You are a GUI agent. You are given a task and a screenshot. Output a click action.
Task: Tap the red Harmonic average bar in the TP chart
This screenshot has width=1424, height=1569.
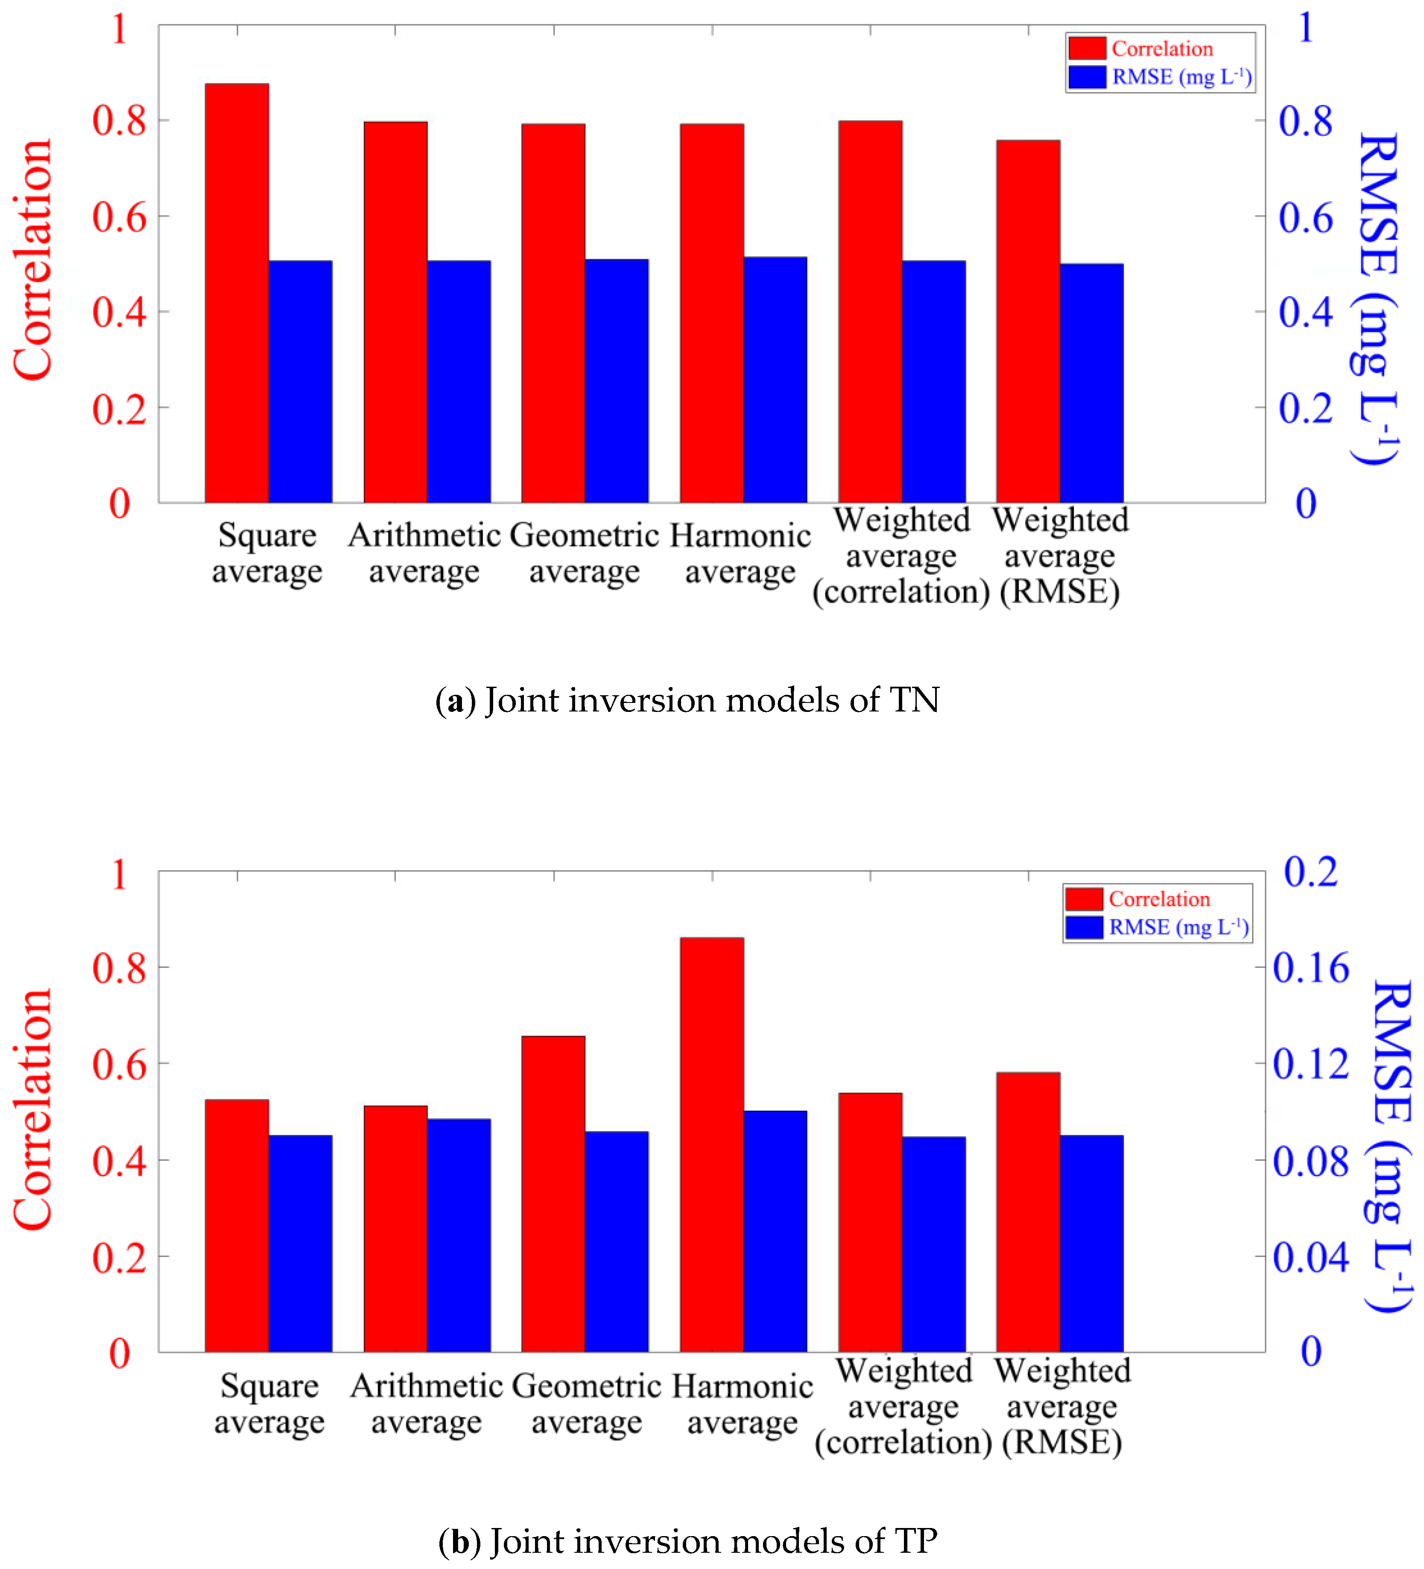click(x=711, y=1144)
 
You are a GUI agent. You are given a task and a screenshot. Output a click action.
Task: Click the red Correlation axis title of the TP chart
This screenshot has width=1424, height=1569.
click(x=33, y=1111)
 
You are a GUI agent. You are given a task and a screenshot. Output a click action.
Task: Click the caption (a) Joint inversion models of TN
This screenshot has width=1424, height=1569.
click(x=687, y=700)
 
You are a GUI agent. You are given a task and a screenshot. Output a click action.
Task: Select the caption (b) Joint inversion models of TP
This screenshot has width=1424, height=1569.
click(x=687, y=1541)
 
